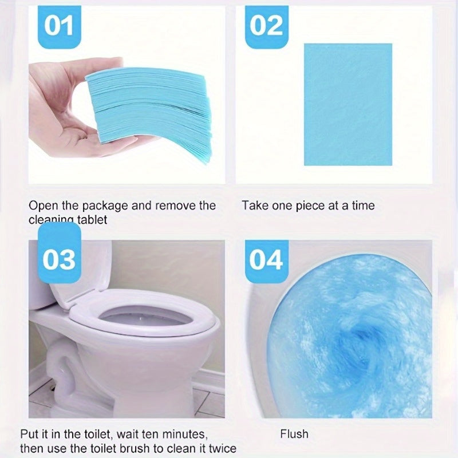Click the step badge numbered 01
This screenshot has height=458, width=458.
point(59,26)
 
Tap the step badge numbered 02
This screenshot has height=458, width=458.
point(267,26)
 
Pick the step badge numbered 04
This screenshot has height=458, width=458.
point(267,259)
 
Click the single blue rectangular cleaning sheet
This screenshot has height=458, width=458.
point(348,104)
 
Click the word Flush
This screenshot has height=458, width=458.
point(294,434)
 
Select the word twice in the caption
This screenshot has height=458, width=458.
point(222,449)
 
